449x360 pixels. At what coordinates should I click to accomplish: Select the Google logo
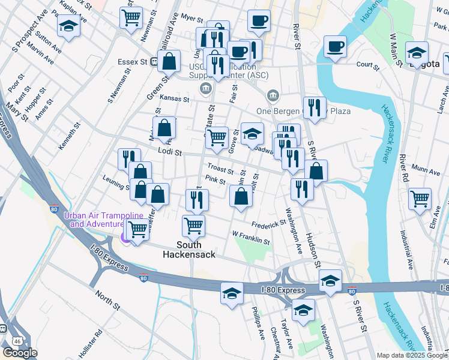(x=20, y=353)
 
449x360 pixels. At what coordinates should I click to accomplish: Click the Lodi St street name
(x=170, y=152)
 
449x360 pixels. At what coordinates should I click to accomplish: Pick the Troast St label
(x=220, y=170)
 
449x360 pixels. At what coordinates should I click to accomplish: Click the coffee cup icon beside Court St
(x=335, y=46)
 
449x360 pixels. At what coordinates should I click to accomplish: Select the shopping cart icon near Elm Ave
(x=420, y=198)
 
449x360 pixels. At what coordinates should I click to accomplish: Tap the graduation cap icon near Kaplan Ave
(x=69, y=26)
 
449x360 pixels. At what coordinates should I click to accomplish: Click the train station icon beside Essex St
(x=154, y=61)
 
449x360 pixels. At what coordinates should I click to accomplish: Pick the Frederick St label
(x=268, y=224)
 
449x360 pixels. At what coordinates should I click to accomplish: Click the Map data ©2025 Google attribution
(x=411, y=355)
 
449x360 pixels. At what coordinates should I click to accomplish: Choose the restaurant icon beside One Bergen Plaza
(x=314, y=107)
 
